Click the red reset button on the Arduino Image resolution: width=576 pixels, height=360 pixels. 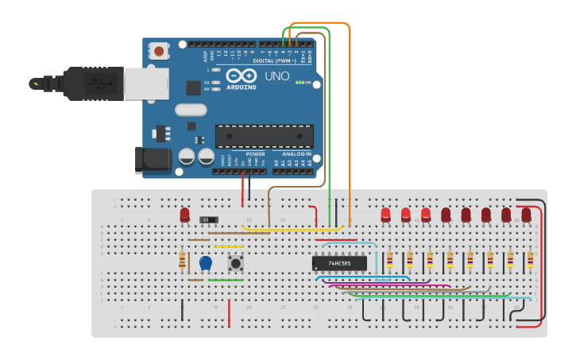(160, 52)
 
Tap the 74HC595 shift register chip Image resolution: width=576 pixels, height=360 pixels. (339, 263)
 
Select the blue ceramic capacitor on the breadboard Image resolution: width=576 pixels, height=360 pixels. (206, 261)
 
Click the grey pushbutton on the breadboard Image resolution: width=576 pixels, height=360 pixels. (235, 261)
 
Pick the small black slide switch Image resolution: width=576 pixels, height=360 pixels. (209, 219)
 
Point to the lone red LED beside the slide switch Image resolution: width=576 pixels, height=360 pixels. (185, 214)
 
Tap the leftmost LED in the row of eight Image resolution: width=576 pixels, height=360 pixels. (386, 214)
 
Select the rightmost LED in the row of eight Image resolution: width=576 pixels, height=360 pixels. (526, 214)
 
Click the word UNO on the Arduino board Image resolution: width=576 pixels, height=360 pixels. (276, 76)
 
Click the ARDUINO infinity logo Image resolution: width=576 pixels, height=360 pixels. (239, 77)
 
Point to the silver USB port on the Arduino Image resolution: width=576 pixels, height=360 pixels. (146, 83)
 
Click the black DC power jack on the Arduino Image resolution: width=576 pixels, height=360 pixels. (153, 160)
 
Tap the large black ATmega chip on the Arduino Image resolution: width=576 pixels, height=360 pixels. (264, 136)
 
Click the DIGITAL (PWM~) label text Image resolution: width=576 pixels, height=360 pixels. (273, 61)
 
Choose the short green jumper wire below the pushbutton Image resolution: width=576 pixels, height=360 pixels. (226, 280)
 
